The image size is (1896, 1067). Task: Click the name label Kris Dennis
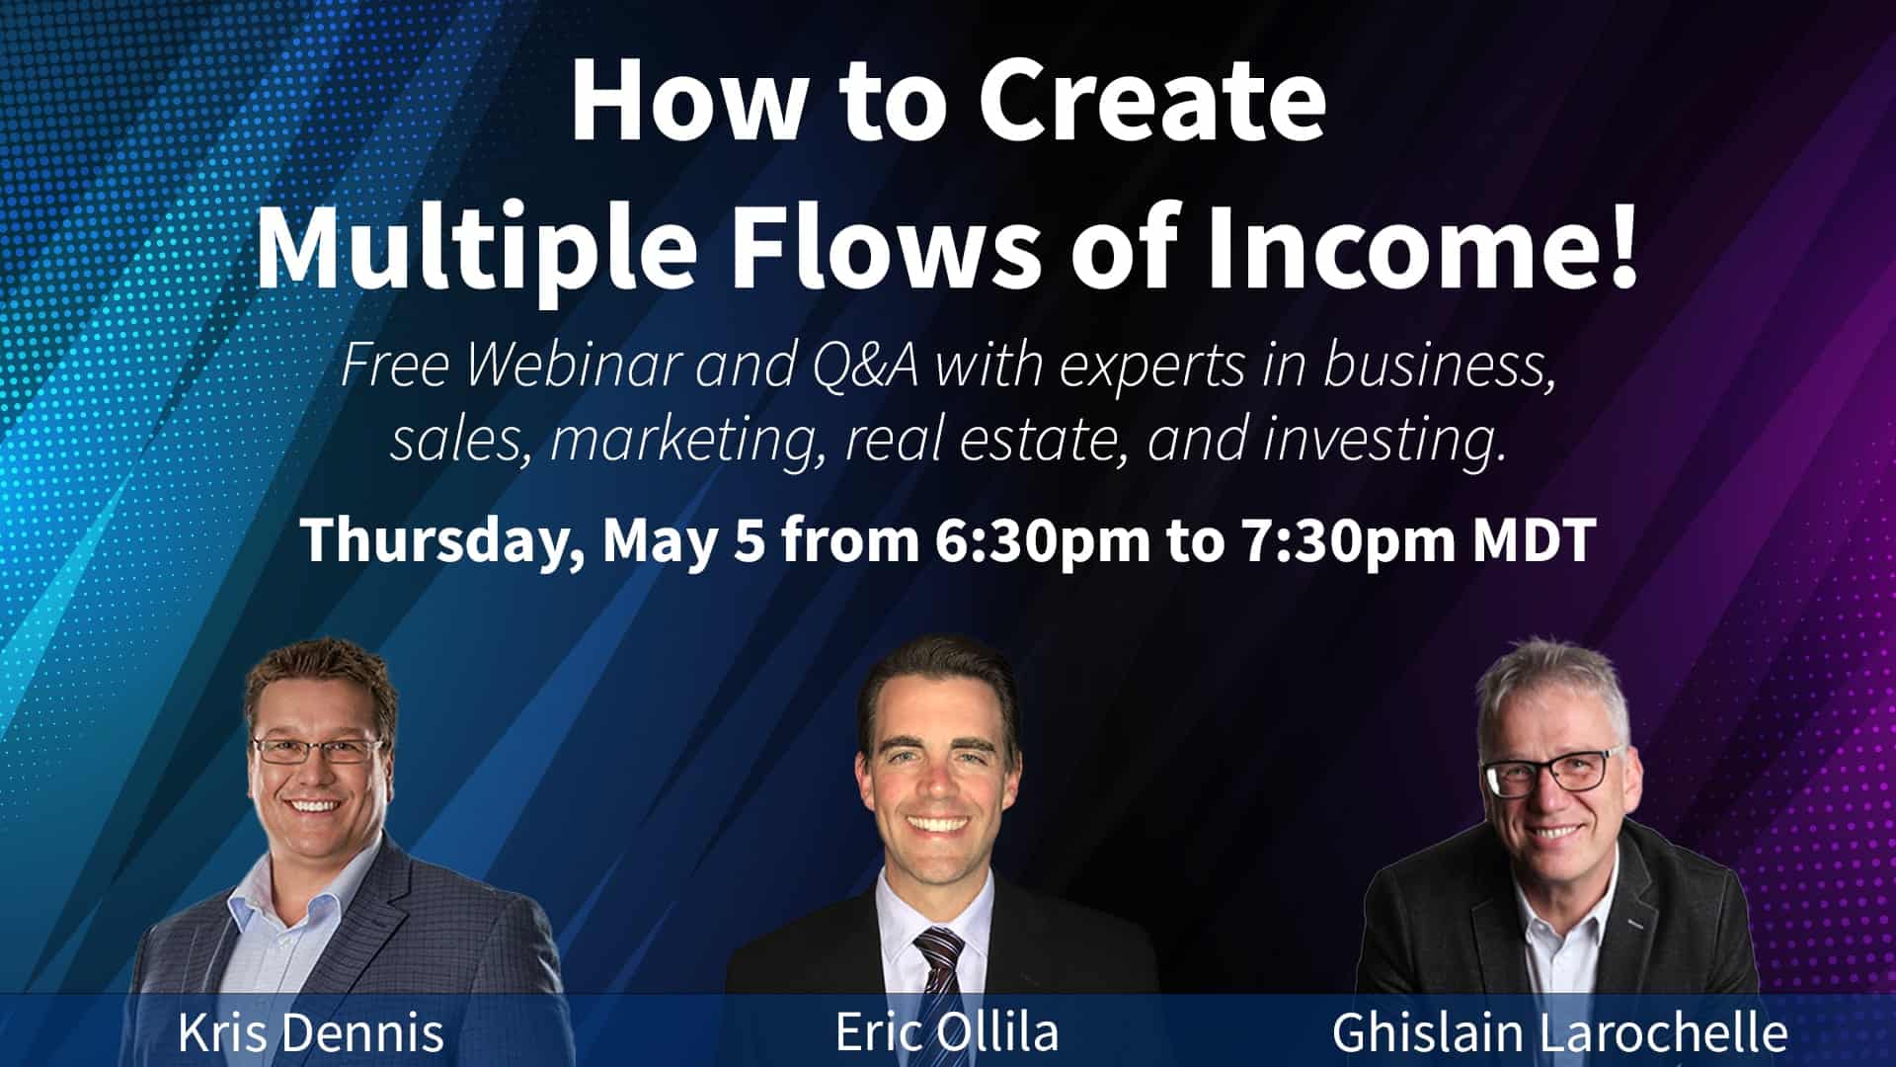tap(311, 1032)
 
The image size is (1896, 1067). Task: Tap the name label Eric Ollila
tap(946, 1032)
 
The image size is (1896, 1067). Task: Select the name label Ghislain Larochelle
tap(1559, 1032)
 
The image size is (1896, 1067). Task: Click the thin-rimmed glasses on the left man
tap(318, 752)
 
